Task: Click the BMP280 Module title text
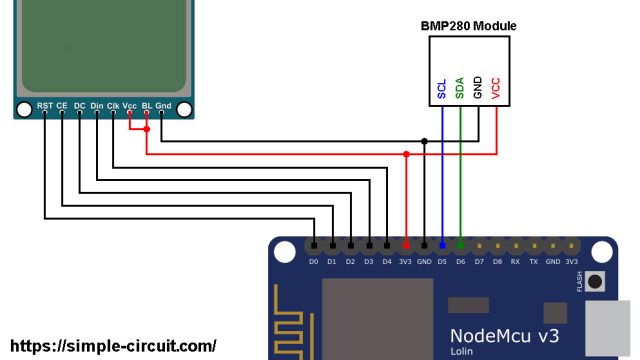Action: coord(468,25)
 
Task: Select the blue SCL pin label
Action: coord(442,90)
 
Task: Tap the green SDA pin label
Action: coord(460,89)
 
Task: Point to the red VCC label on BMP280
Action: coord(496,89)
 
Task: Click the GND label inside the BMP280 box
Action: coord(478,89)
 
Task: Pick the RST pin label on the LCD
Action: coord(45,105)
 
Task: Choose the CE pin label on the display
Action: coord(62,105)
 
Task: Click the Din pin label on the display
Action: coord(96,105)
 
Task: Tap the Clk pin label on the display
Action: coord(113,105)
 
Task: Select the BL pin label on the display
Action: coord(147,105)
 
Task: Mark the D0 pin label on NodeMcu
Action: coord(314,262)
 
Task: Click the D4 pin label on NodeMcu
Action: coord(387,262)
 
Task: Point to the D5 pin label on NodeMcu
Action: coord(442,262)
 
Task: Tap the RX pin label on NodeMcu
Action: coord(515,262)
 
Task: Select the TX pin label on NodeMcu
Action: coord(533,262)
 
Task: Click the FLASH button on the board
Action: coord(597,281)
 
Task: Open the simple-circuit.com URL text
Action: coord(112,346)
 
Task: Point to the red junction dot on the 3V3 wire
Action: coord(406,154)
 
